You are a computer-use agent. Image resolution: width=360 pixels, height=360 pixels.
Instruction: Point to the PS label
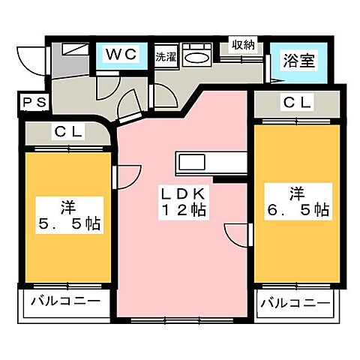31,103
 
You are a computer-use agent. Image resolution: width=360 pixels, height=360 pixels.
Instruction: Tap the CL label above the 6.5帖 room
294,103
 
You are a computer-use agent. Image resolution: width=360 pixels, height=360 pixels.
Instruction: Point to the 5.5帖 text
67,223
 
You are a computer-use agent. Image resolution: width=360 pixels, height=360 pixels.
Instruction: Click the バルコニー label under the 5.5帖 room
66,303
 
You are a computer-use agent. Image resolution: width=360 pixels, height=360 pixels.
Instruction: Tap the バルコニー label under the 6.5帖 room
294,303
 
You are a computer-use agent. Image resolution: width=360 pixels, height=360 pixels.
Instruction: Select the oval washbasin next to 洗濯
196,58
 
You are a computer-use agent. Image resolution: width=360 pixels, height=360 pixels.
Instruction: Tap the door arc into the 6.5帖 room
238,232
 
